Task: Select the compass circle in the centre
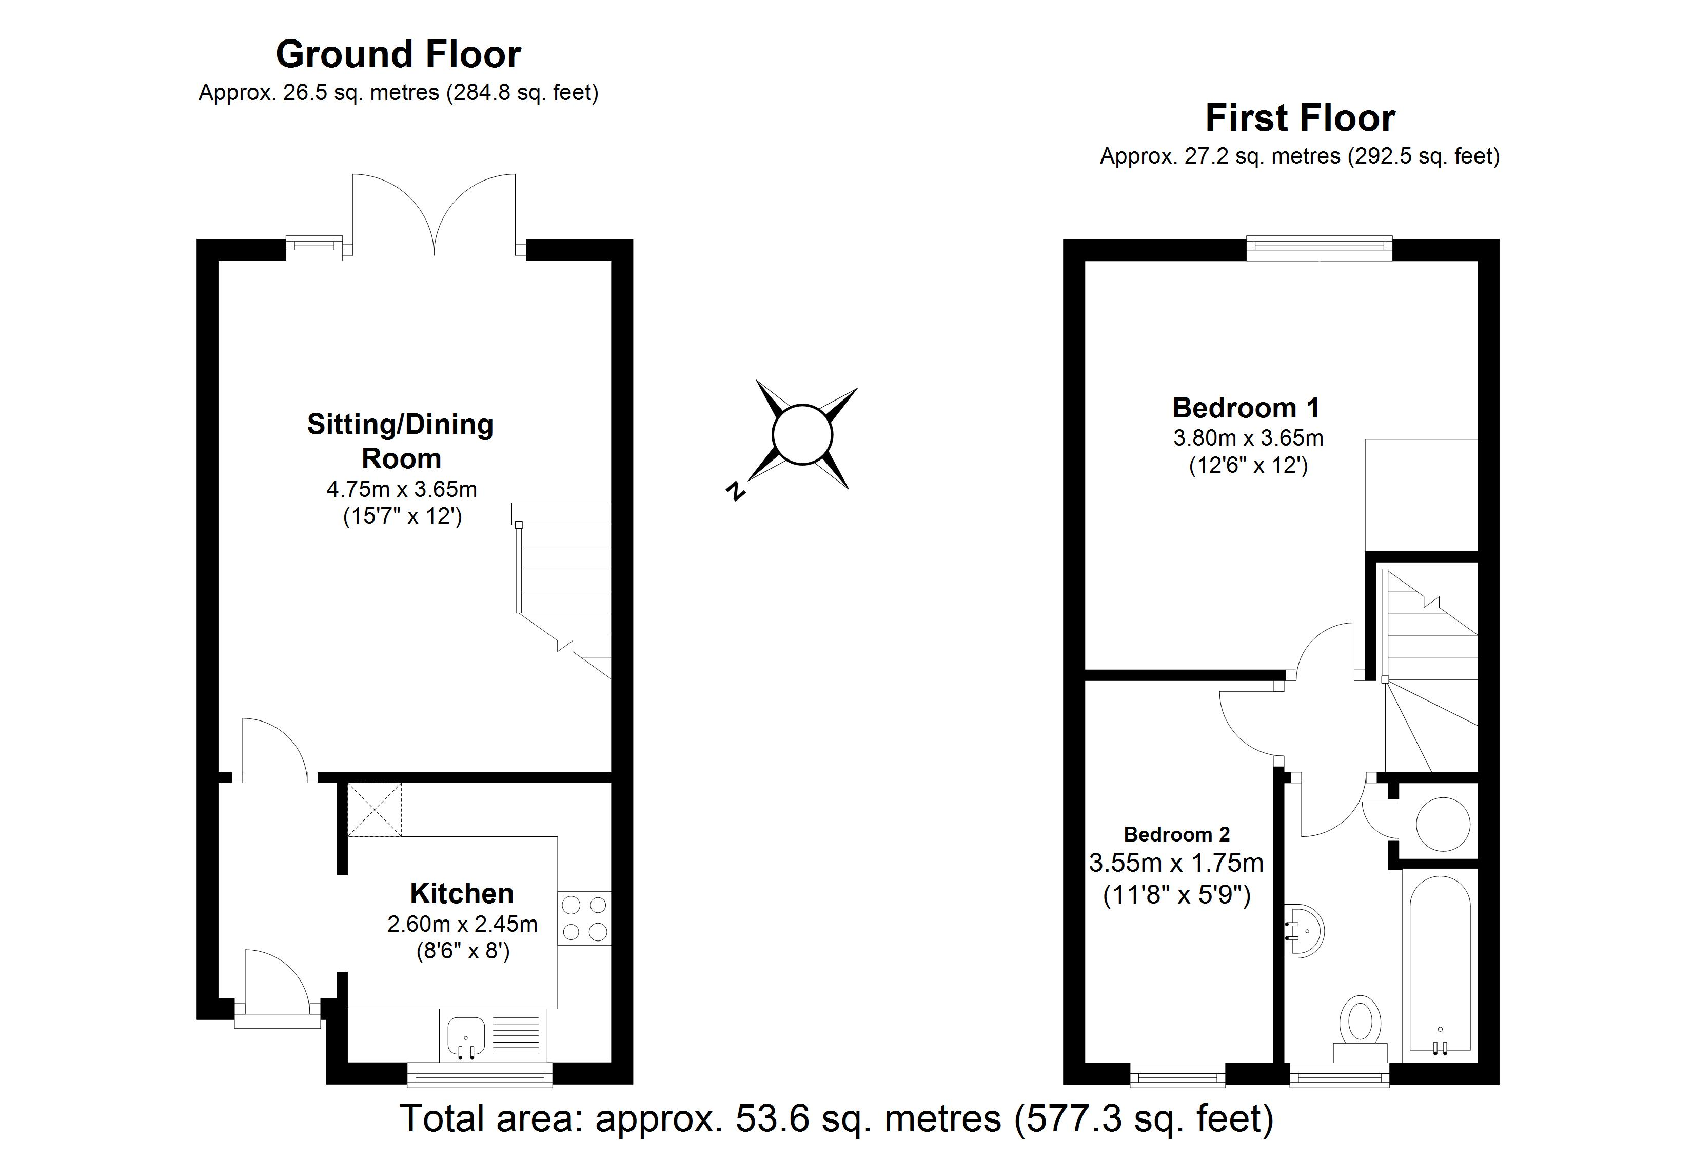801,434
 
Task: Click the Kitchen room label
461,893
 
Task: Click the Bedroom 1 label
1246,408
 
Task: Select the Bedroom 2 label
1176,834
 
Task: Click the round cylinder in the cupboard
1443,825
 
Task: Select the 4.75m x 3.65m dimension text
401,489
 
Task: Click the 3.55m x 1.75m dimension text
1176,863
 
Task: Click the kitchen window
479,1074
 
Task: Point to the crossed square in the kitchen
375,809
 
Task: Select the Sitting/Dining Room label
401,441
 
